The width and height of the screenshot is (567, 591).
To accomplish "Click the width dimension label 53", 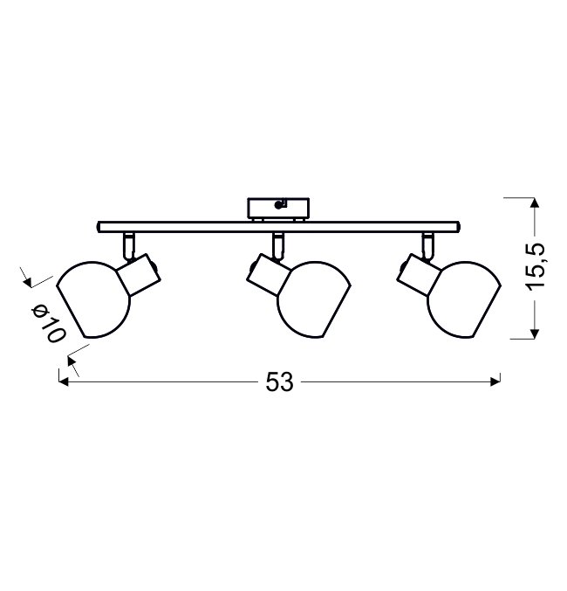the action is [279, 382].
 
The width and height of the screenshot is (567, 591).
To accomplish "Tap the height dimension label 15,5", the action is [536, 268].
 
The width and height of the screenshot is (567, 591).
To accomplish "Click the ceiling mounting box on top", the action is [278, 209].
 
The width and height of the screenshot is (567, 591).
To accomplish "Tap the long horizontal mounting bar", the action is [278, 227].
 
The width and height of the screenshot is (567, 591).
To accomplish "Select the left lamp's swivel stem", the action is [128, 246].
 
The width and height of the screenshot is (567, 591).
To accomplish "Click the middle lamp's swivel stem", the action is [278, 246].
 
